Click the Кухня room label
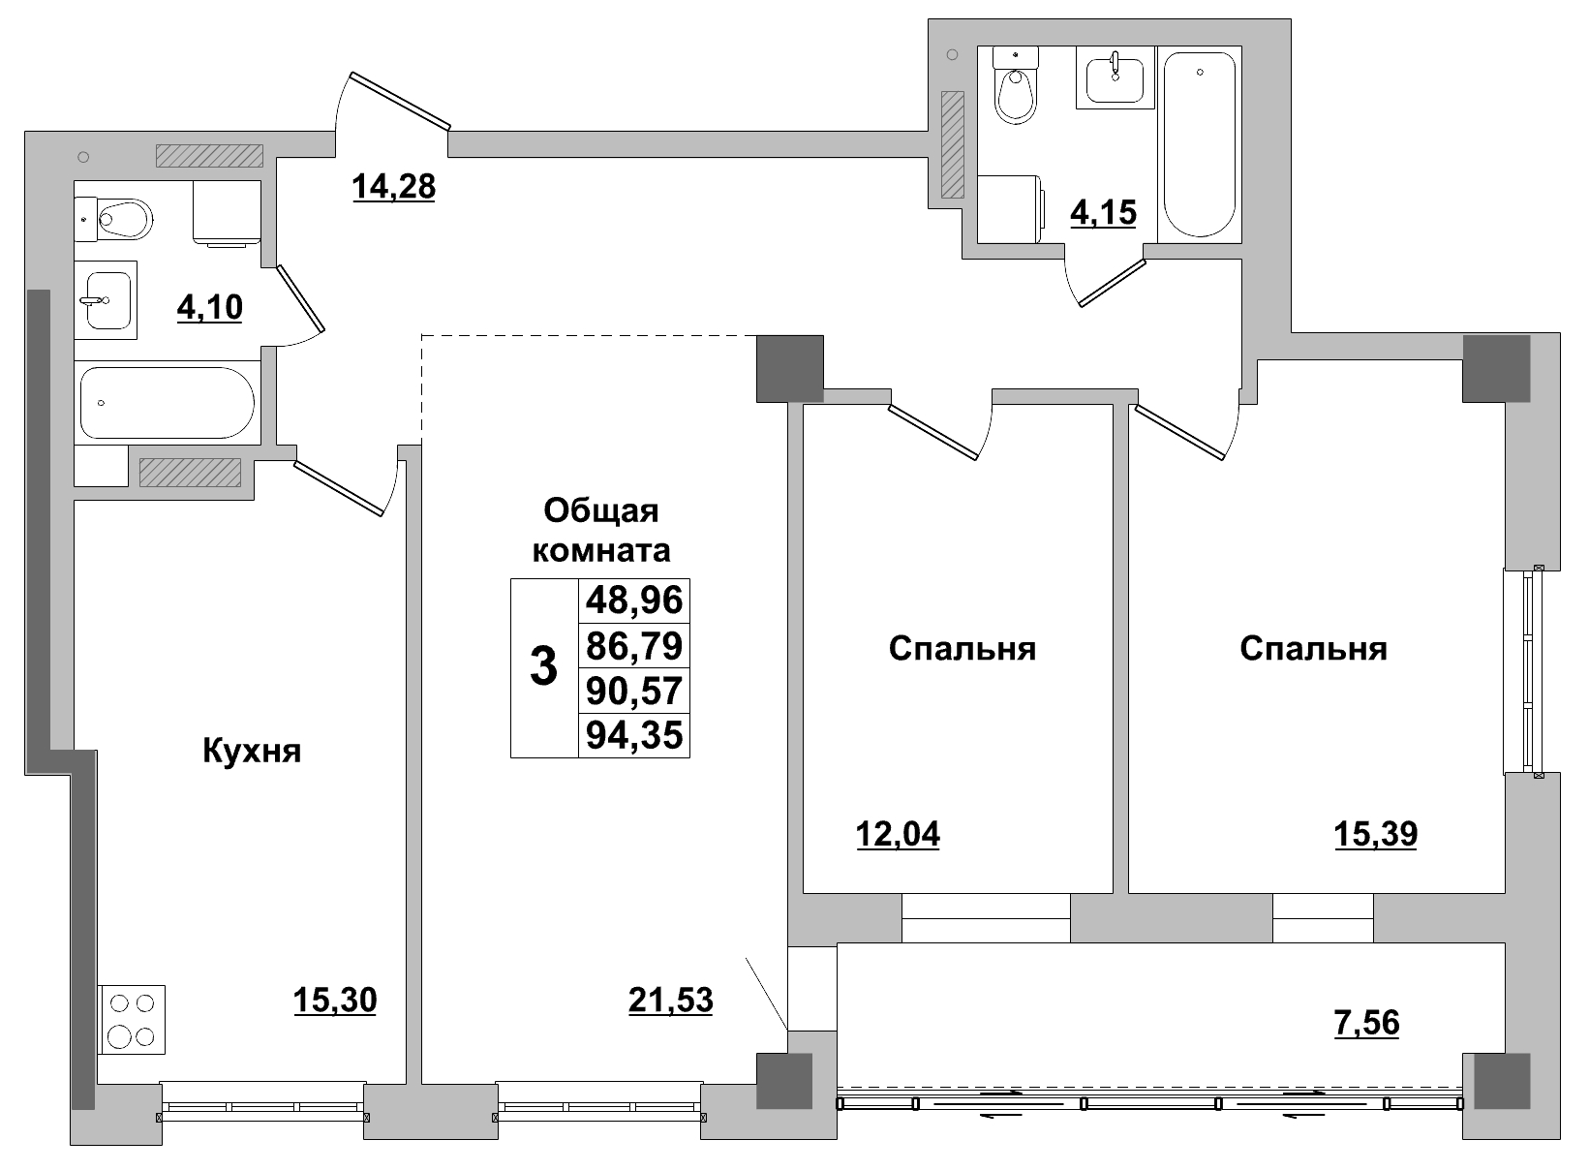[x=252, y=751]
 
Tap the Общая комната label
[x=601, y=530]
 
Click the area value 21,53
[x=670, y=1000]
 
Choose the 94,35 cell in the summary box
[x=634, y=736]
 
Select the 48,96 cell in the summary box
[x=634, y=601]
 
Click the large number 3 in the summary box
[x=544, y=668]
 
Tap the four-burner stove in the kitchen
[x=132, y=1020]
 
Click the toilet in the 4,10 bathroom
[x=121, y=220]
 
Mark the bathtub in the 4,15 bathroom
[x=1199, y=145]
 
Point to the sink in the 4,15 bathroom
[x=1115, y=77]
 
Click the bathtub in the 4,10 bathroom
[x=167, y=403]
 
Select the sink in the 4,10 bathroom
[x=105, y=300]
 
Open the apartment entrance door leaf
[x=400, y=100]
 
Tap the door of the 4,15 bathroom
[x=1112, y=282]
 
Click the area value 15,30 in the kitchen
[x=334, y=1000]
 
